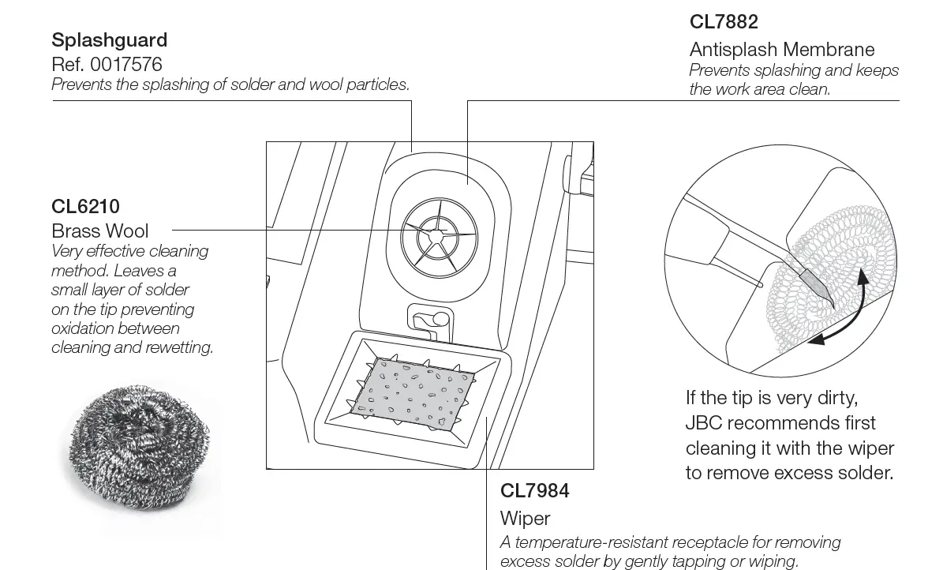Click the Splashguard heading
point(109,39)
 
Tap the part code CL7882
point(724,21)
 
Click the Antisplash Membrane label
point(781,49)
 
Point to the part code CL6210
point(85,206)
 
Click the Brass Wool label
point(99,231)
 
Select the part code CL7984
point(534,490)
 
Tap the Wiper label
point(525,519)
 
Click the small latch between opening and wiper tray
point(428,319)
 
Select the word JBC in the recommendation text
point(705,422)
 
